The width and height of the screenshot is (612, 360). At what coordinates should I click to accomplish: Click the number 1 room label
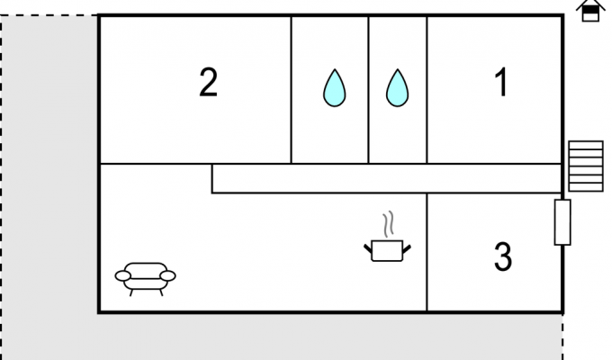501,82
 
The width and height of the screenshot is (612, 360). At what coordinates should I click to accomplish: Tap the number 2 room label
208,82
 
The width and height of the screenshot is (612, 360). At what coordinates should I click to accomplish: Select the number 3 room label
503,256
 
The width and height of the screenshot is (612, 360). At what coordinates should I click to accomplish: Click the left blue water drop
335,88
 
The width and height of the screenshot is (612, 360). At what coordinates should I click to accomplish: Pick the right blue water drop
397,88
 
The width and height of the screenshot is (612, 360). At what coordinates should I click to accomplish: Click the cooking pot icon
387,251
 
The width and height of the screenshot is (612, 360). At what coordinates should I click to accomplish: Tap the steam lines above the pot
388,224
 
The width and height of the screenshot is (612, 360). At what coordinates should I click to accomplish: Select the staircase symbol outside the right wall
586,166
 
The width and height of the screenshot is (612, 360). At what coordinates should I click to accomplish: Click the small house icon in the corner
590,11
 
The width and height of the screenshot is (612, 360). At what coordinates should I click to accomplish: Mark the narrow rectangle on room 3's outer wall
562,222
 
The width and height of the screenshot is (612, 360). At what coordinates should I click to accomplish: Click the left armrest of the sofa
122,276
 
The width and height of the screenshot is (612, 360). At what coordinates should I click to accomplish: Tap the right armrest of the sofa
167,276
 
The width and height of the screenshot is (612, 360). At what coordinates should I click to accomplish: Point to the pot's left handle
368,248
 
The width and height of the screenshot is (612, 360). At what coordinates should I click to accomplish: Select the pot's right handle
407,248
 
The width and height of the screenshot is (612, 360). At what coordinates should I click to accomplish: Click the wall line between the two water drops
368,90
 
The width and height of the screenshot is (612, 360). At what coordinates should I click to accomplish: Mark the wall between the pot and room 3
427,252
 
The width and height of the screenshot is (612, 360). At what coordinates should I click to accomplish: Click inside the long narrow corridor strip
386,178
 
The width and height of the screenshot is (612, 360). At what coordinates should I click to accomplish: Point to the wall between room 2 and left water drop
292,90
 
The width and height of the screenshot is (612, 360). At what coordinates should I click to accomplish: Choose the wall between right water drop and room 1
427,90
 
